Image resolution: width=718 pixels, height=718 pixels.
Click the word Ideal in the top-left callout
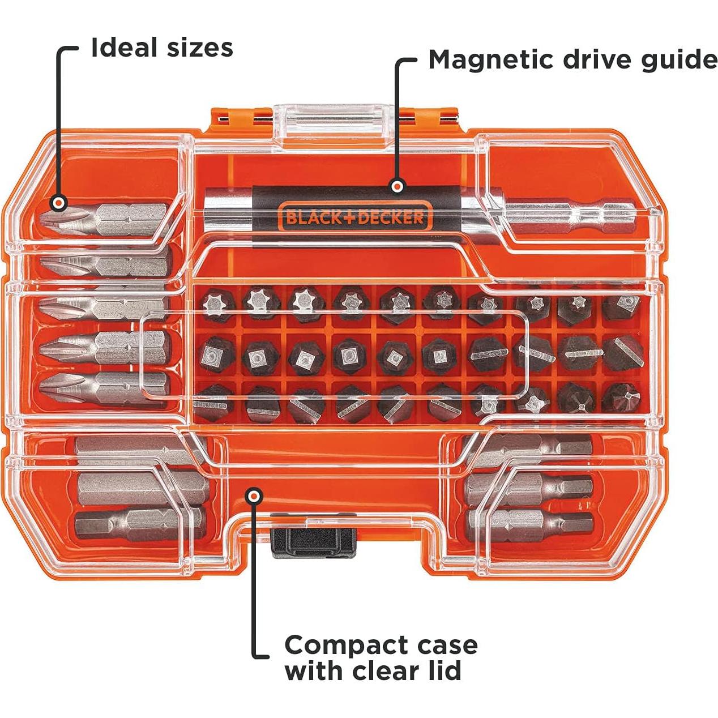click(124, 48)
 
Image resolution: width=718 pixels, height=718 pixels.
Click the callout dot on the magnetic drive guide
click(398, 186)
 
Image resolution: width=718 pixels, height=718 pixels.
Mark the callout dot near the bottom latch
click(255, 496)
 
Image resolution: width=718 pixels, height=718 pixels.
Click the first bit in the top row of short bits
click(214, 302)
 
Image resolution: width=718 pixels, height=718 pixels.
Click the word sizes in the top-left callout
click(199, 48)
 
